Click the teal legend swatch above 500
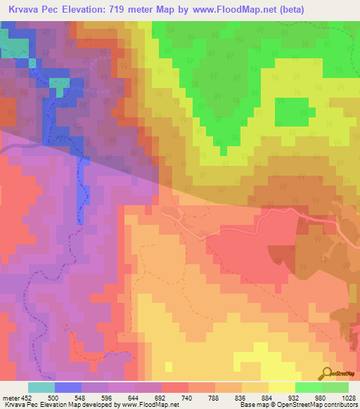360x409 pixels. (41, 387)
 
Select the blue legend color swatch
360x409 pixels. (67, 387)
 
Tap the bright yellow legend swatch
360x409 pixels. (281, 387)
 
